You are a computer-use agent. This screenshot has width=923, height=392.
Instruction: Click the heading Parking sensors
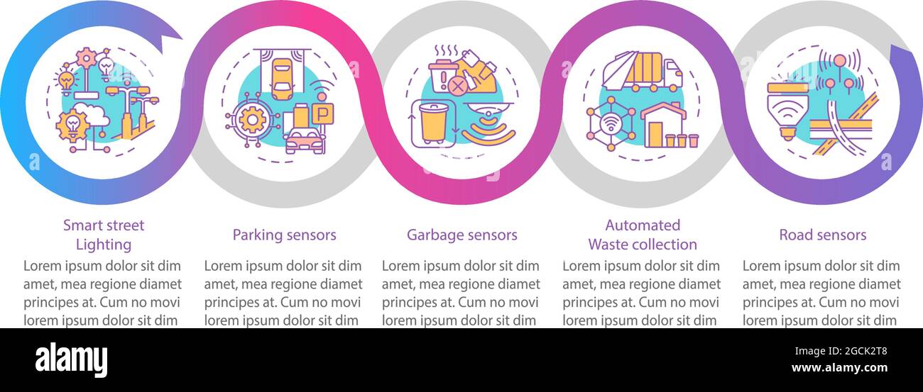click(x=284, y=235)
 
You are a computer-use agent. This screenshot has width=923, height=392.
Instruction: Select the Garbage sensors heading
click(x=462, y=235)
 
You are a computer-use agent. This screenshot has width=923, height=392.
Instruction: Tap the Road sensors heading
click(x=822, y=235)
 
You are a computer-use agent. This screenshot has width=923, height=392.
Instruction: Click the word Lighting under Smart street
click(x=104, y=245)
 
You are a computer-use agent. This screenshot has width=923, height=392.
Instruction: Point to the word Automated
click(x=643, y=225)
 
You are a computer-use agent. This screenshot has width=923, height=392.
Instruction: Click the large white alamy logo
click(x=71, y=359)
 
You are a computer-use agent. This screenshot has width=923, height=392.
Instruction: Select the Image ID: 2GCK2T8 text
click(x=841, y=351)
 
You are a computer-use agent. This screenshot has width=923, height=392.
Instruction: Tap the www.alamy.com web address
click(x=839, y=367)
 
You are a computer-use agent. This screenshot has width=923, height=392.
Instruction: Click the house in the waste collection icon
click(x=663, y=125)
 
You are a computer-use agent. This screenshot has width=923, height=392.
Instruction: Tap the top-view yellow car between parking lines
click(x=282, y=79)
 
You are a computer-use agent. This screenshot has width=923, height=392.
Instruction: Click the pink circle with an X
click(x=457, y=86)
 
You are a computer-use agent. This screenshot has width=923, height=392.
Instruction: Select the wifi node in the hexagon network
click(x=611, y=123)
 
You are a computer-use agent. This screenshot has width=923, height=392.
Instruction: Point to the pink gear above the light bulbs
click(x=86, y=57)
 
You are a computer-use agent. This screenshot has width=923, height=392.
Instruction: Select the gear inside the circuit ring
click(x=252, y=120)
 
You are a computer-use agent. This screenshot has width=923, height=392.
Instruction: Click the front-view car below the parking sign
click(x=304, y=140)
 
